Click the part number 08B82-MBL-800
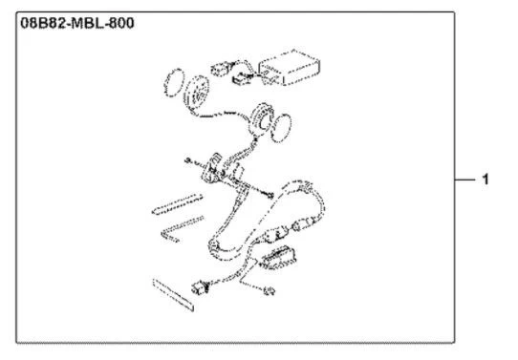pyautogui.click(x=77, y=24)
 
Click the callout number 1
pyautogui.click(x=485, y=180)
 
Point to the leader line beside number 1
pyautogui.click(x=464, y=180)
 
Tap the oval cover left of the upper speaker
pyautogui.click(x=174, y=83)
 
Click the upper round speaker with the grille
pyautogui.click(x=196, y=92)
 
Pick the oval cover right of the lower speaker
pyautogui.click(x=281, y=128)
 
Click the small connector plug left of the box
pyautogui.click(x=220, y=69)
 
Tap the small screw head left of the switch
pyautogui.click(x=188, y=160)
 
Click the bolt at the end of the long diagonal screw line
pyautogui.click(x=270, y=196)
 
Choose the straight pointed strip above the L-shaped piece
pyautogui.click(x=178, y=204)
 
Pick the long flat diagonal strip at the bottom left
pyautogui.click(x=173, y=295)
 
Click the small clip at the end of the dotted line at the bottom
pyautogui.click(x=270, y=291)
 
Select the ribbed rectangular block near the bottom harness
pyautogui.click(x=277, y=258)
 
